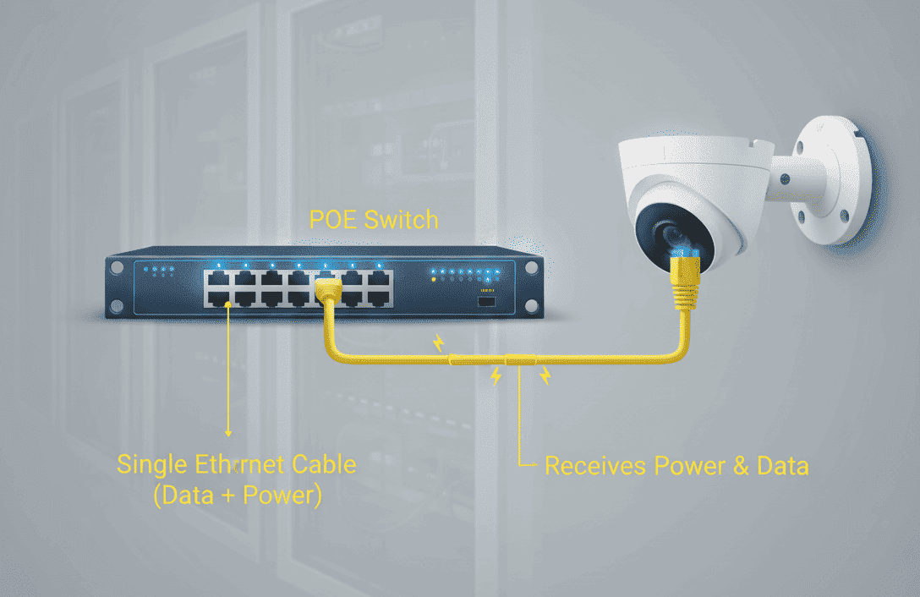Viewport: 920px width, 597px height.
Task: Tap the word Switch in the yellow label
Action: pyautogui.click(x=402, y=220)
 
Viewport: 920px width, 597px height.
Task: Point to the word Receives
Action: pyautogui.click(x=595, y=466)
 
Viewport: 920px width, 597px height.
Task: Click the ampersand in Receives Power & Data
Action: pyautogui.click(x=741, y=466)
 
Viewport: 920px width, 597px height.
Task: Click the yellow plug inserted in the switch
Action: pyautogui.click(x=328, y=292)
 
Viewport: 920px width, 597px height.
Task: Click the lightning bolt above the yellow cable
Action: pyautogui.click(x=438, y=342)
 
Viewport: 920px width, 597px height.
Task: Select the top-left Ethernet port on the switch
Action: pyautogui.click(x=218, y=277)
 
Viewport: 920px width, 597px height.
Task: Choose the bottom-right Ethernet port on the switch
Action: pyautogui.click(x=379, y=298)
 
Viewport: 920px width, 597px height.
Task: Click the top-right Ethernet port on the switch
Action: pyautogui.click(x=379, y=277)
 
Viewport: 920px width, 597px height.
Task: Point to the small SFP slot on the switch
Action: pyautogui.click(x=486, y=302)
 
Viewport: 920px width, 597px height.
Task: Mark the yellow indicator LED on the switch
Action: pyautogui.click(x=434, y=279)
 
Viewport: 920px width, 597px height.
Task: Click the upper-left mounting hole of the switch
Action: pyautogui.click(x=118, y=268)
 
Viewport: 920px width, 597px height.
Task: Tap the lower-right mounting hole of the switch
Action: pyautogui.click(x=532, y=306)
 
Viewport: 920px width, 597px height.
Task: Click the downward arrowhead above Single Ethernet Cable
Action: pyautogui.click(x=228, y=433)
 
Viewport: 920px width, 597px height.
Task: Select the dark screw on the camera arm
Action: pyautogui.click(x=785, y=179)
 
